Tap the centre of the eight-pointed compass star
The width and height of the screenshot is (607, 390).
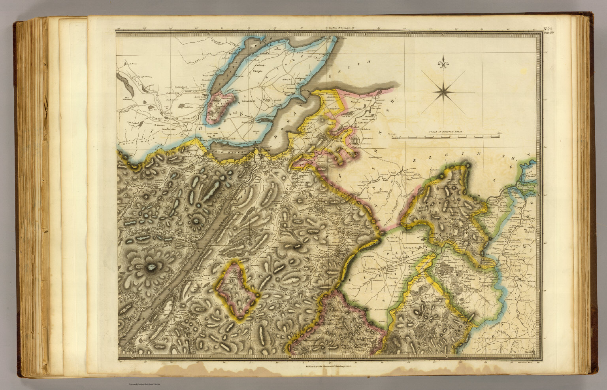[444, 92]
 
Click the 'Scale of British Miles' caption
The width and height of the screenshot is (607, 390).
[445, 131]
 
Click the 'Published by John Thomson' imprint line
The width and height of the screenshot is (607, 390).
[328, 366]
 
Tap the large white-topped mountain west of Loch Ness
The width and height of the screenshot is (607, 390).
[151, 268]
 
